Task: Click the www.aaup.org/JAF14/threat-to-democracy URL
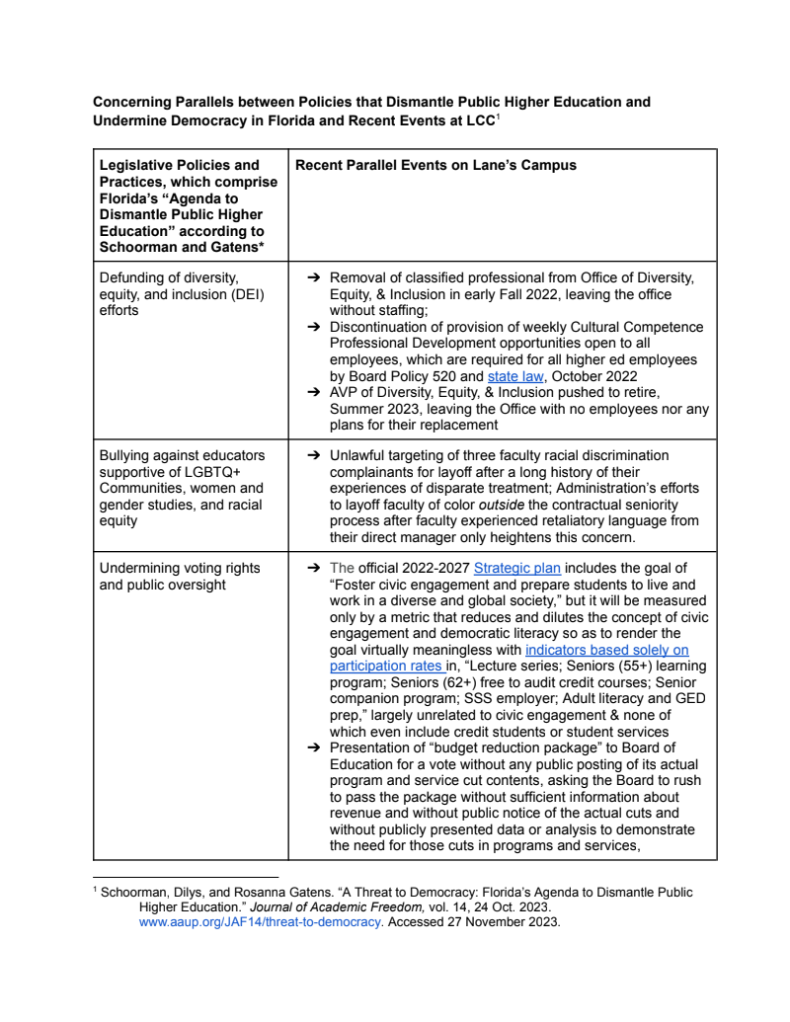click(x=260, y=922)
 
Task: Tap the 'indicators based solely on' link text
click(x=606, y=651)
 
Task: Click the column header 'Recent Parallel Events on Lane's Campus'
click(x=435, y=165)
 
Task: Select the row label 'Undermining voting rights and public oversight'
click(x=180, y=576)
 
